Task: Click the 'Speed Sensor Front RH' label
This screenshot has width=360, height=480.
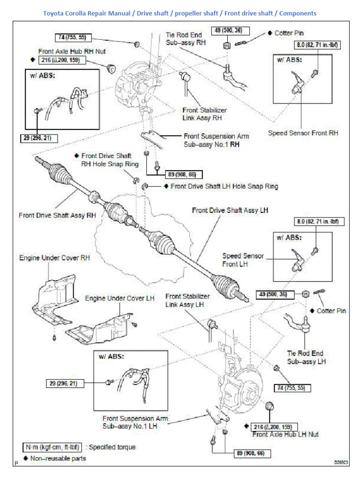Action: point(303,133)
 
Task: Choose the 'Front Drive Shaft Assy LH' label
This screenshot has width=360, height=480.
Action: point(230,210)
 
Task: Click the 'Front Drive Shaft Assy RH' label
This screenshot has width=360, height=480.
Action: point(57,216)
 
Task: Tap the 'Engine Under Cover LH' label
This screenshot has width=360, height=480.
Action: point(113,298)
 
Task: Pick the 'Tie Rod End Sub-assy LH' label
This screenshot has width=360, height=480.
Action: point(305,357)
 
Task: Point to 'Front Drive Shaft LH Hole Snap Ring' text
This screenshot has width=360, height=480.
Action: point(224,187)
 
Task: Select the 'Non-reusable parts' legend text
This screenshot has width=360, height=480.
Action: point(58,458)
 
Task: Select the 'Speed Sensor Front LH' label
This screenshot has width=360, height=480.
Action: point(243,260)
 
